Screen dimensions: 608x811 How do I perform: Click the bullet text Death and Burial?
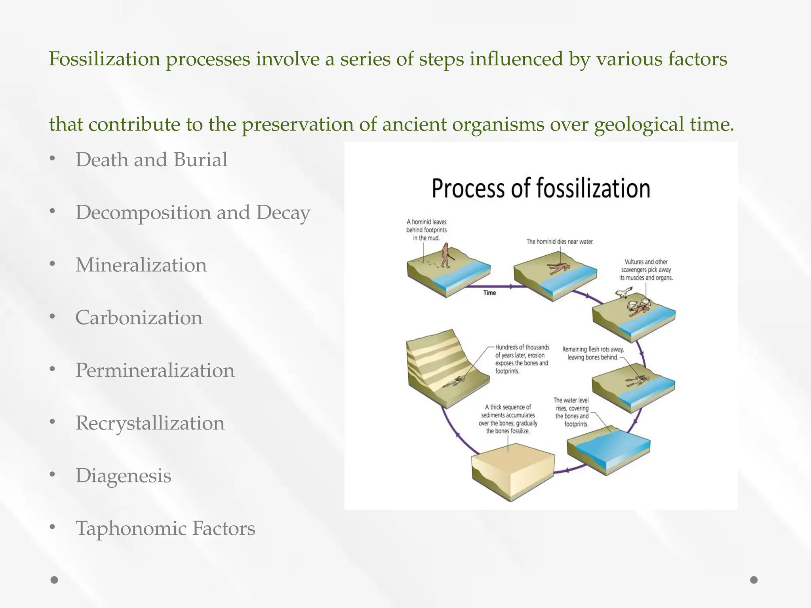pos(151,160)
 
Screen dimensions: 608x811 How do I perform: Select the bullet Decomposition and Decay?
pos(192,213)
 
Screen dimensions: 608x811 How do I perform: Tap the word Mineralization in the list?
pos(141,265)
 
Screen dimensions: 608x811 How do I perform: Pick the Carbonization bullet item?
pos(139,318)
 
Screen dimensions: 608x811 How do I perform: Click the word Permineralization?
pos(155,370)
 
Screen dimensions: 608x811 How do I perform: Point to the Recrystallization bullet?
pos(150,423)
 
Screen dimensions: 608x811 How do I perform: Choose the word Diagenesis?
pos(123,476)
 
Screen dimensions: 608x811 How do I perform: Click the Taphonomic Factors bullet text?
pos(165,528)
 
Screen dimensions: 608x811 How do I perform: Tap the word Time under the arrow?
pos(489,293)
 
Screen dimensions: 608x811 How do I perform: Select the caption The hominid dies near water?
pos(560,241)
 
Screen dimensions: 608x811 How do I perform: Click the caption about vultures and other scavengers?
pos(646,270)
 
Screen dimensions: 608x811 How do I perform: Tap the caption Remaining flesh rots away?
pos(593,353)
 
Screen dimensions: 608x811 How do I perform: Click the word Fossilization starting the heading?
pos(105,59)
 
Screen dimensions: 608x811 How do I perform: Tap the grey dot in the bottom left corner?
pos(54,580)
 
